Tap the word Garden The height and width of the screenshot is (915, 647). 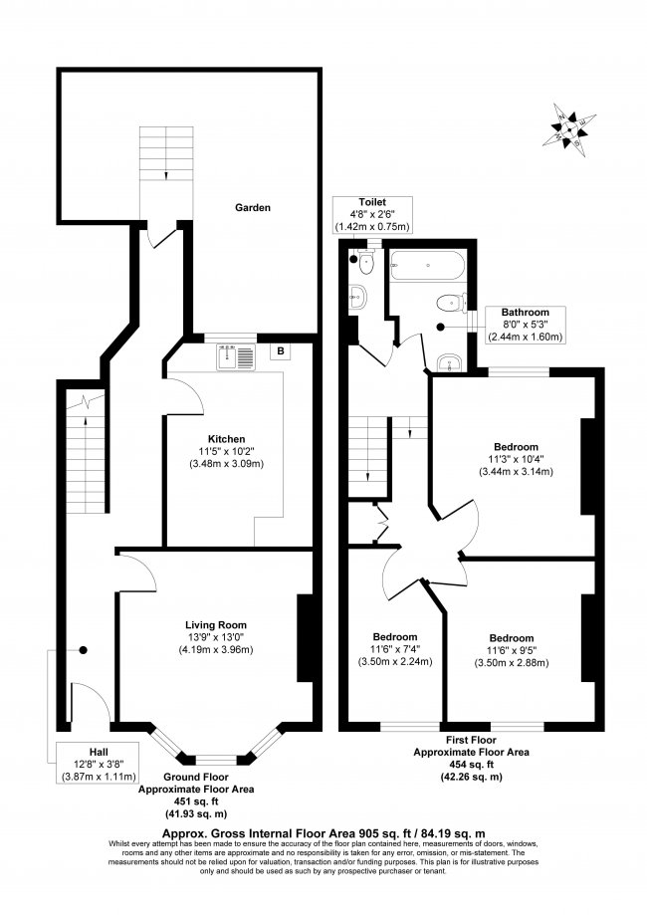pos(253,208)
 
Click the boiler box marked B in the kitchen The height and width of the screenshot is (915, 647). pos(282,350)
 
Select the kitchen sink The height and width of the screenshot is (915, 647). pos(235,353)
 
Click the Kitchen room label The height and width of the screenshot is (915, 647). pos(226,439)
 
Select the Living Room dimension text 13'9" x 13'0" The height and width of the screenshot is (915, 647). pos(216,637)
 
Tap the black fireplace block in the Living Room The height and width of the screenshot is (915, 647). pos(305,638)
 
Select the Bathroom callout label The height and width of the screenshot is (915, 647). pos(525,313)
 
